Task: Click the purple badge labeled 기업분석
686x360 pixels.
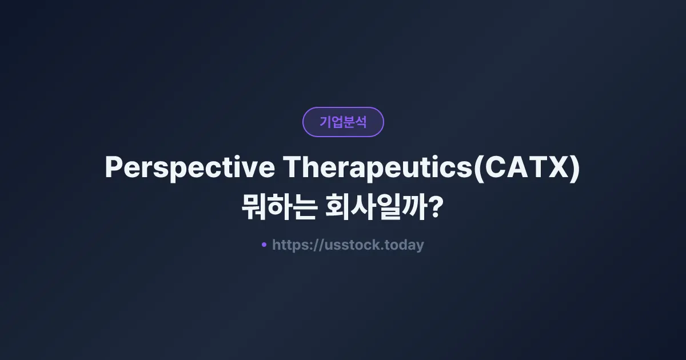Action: pos(343,122)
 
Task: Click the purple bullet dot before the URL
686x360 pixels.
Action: pos(264,245)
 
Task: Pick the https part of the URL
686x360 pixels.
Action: pos(290,245)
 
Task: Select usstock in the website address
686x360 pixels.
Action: pos(353,245)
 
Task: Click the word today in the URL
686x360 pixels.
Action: pos(404,245)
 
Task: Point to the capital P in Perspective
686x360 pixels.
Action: pos(114,168)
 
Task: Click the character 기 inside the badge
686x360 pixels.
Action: pos(325,122)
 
